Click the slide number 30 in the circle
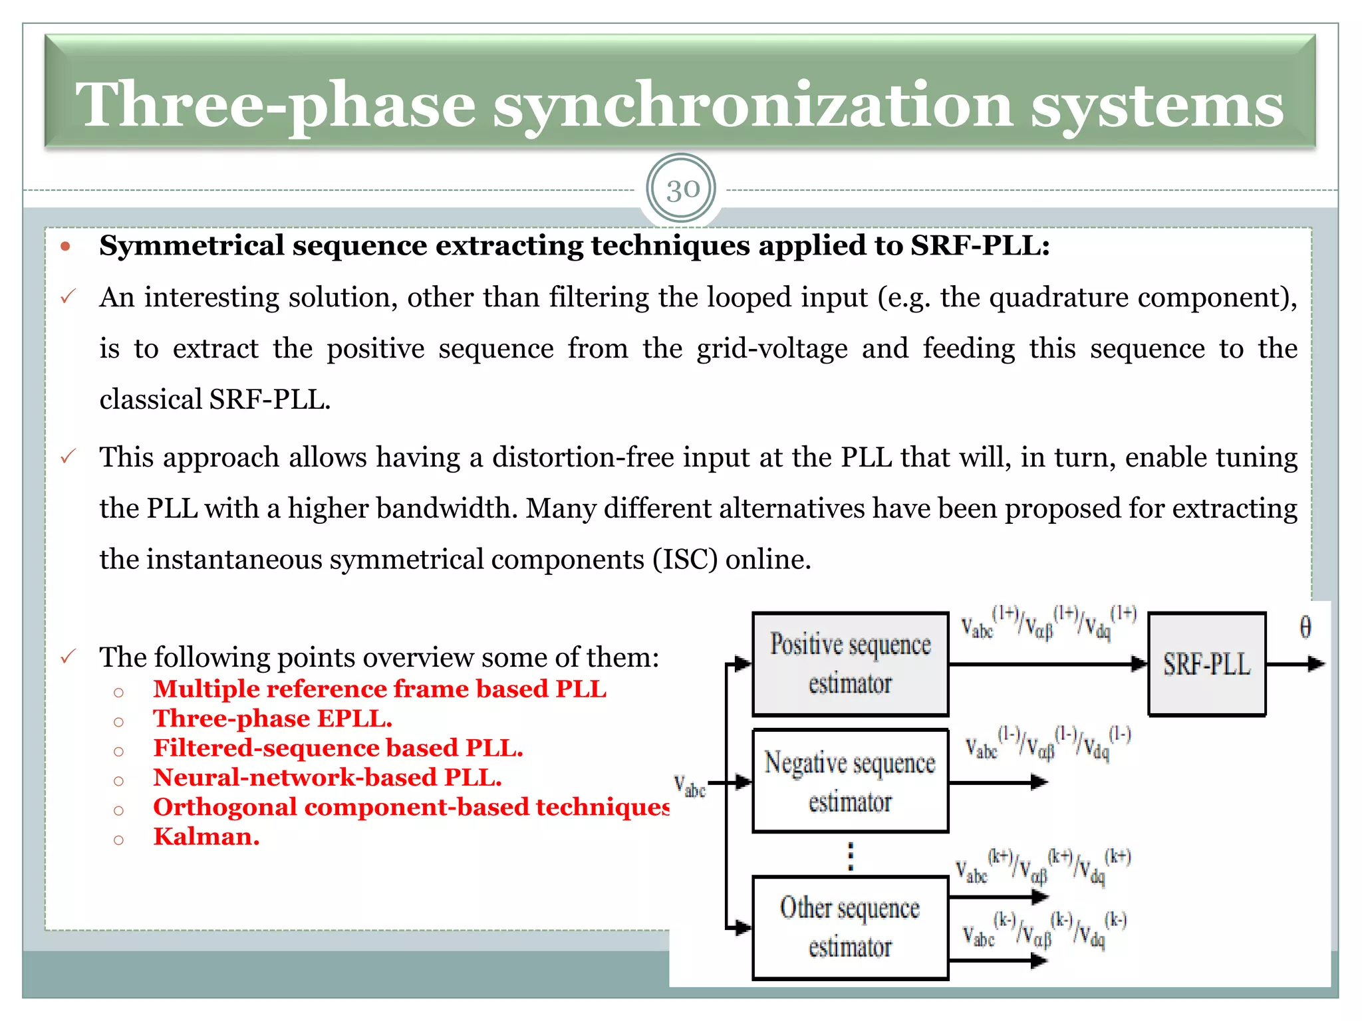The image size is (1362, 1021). (x=682, y=190)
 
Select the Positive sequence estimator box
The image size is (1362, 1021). (x=850, y=664)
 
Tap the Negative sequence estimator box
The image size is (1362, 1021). (x=850, y=781)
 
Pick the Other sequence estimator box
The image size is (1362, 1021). (x=850, y=927)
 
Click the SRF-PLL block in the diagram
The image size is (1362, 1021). (x=1206, y=664)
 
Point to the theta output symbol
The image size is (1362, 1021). (x=1305, y=627)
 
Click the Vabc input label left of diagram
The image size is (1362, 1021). (x=689, y=785)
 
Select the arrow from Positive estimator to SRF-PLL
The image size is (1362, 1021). (x=1047, y=663)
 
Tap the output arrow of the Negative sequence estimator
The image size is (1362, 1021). (x=998, y=782)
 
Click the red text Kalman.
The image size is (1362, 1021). (x=206, y=837)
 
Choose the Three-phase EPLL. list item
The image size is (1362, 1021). (x=273, y=719)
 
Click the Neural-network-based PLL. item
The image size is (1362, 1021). (x=327, y=778)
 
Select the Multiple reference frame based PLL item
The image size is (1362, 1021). (x=379, y=689)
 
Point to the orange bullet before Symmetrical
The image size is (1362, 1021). (x=65, y=247)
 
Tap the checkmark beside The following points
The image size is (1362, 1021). (x=68, y=657)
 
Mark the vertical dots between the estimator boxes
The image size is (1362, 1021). (x=850, y=856)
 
